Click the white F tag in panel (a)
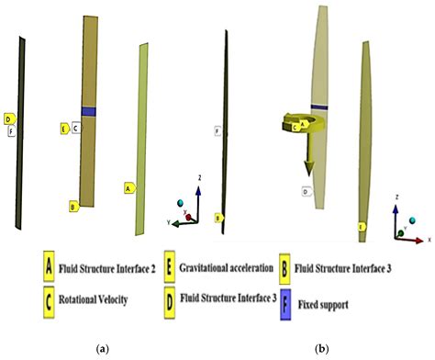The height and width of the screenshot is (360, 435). coord(11,131)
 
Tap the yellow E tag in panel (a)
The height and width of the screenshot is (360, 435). coord(64,128)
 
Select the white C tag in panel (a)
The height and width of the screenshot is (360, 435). coord(76,128)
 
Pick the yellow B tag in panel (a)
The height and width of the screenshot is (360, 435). coord(72,207)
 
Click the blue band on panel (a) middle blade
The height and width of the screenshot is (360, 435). coord(88,111)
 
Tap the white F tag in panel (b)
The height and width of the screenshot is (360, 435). coord(217,131)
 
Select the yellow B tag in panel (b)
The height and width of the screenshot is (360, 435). coord(217,218)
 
